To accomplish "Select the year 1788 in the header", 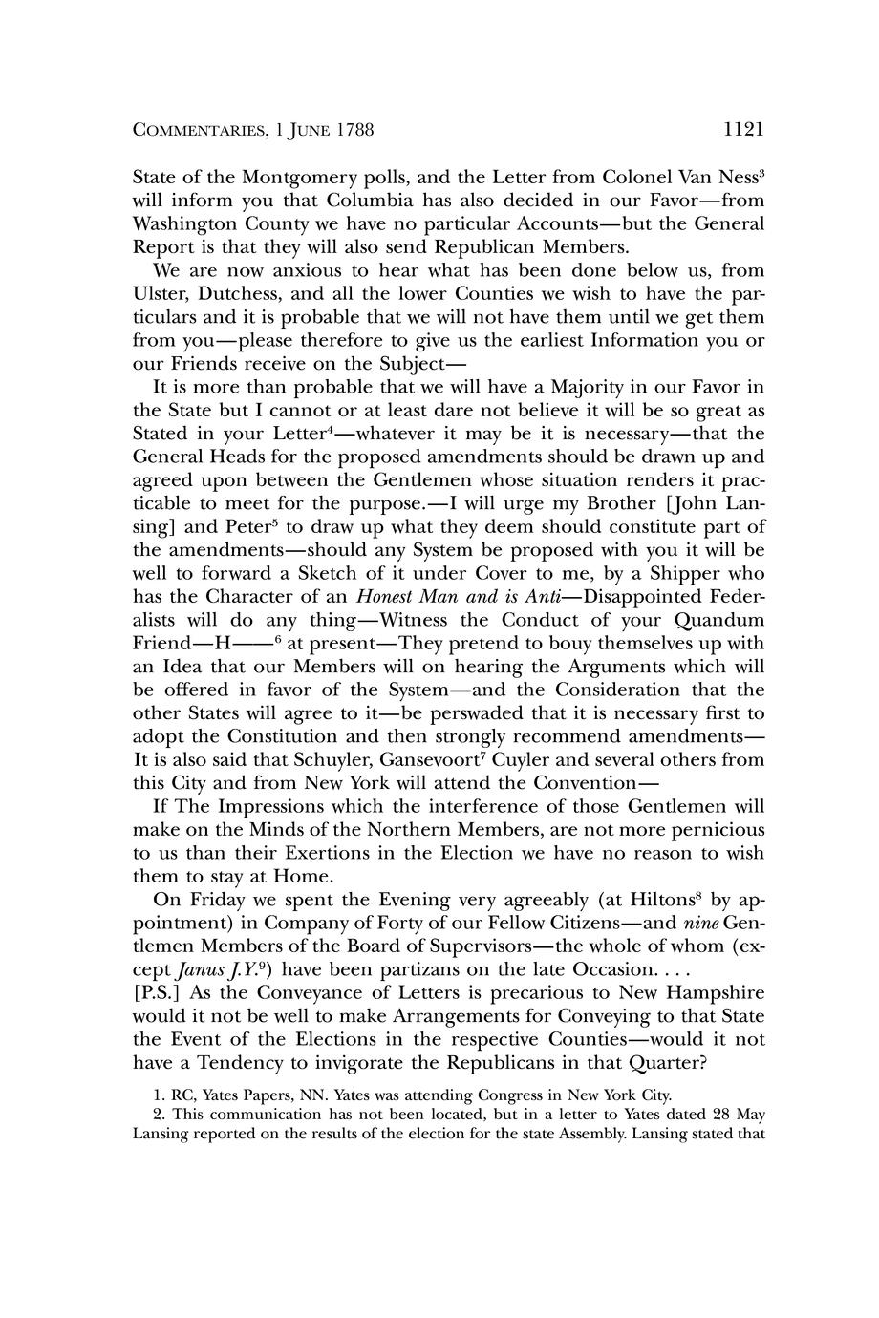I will pos(354,130).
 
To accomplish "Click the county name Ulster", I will pos(160,294).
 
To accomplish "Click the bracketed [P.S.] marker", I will pos(157,992).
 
